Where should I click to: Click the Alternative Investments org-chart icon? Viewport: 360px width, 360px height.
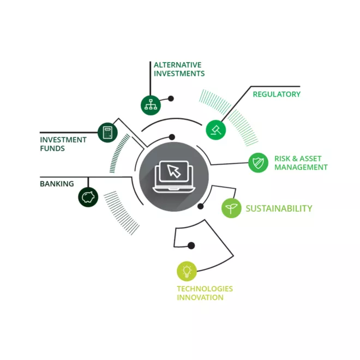point(149,105)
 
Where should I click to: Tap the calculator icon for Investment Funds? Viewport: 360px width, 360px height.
point(107,132)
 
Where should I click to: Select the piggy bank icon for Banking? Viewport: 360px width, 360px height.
point(88,196)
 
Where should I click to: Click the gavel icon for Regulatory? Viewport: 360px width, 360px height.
point(215,129)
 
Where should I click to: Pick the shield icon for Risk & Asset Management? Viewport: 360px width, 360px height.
point(258,162)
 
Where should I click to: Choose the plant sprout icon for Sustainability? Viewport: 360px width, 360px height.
point(231,208)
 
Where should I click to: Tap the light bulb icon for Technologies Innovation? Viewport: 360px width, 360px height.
point(187,271)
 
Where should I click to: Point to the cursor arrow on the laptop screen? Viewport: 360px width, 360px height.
point(174,171)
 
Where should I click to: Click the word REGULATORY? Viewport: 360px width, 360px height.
point(277,94)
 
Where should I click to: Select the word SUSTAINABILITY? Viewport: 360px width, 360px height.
point(279,208)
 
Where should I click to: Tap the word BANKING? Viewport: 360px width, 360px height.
point(57,184)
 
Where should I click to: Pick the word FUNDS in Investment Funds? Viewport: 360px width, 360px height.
point(52,148)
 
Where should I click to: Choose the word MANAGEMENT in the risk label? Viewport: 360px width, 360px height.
point(301,167)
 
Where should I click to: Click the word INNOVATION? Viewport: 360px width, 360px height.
point(200,297)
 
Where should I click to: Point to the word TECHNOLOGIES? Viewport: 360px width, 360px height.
point(205,289)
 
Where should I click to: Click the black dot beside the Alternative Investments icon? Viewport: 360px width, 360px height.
point(171,99)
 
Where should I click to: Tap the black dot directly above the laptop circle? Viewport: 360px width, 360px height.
point(172,137)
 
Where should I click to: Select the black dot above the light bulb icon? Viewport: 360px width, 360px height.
point(190,245)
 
